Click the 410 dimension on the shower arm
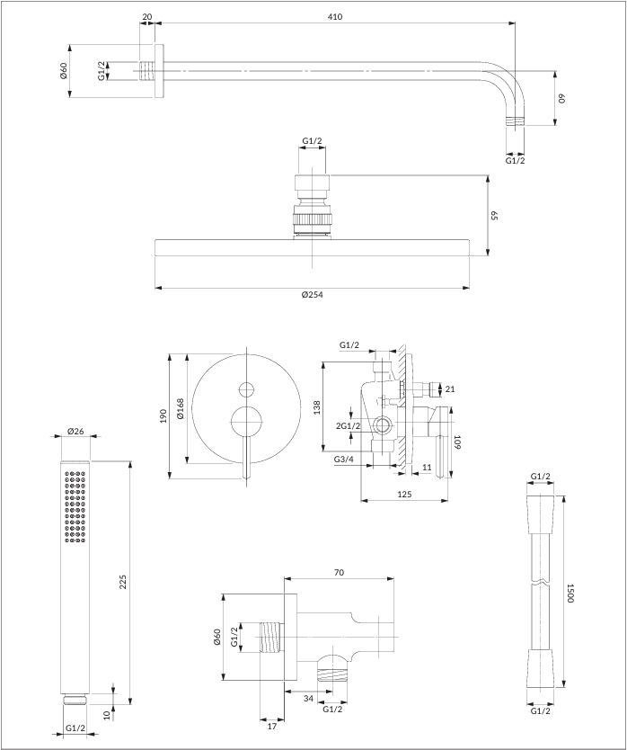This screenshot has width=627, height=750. coord(335,16)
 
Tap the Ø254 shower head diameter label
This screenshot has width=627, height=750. coord(313,295)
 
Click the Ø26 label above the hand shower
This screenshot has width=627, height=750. coord(75,432)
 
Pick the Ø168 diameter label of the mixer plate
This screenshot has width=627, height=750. coord(181,409)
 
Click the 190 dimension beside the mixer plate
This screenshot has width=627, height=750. coord(163,415)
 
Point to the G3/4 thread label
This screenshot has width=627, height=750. coord(343,460)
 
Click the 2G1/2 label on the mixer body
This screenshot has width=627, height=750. coord(349,425)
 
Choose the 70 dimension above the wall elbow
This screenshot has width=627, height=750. coord(339,572)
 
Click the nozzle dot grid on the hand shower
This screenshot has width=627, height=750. coord(75,508)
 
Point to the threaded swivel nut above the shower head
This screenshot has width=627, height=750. coord(312,219)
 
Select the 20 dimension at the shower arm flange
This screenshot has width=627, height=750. coord(147,16)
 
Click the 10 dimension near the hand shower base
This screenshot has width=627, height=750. coord(106,716)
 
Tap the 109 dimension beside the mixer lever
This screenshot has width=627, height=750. coord(457,442)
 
